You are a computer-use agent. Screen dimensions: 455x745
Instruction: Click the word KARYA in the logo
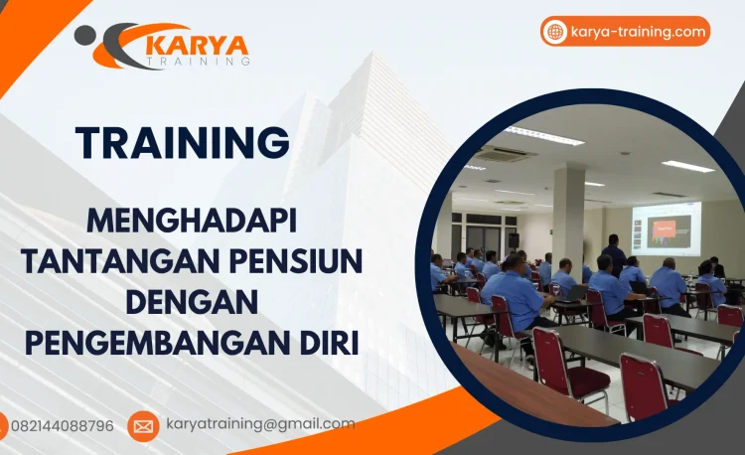(197, 45)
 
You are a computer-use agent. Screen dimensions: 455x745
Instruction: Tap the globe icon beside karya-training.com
(555, 32)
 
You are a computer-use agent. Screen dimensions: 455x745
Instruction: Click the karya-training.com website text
(639, 32)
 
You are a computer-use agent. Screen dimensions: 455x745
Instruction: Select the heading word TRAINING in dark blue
(183, 142)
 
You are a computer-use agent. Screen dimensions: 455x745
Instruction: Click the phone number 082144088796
(62, 425)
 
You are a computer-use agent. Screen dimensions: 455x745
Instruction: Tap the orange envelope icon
(143, 426)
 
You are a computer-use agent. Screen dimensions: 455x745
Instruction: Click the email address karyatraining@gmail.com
(260, 424)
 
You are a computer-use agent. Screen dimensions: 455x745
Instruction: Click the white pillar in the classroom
(569, 219)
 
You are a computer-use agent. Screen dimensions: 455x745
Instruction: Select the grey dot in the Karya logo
(84, 35)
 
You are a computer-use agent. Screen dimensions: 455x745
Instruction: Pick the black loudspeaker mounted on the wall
(514, 240)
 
